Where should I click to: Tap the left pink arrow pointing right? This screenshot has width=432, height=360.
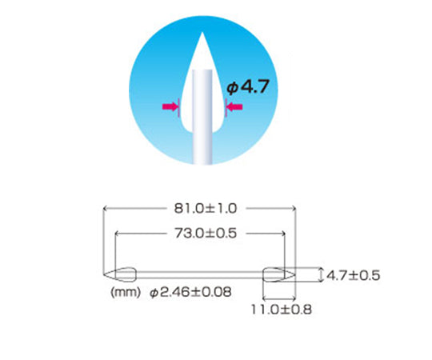[x=170, y=106]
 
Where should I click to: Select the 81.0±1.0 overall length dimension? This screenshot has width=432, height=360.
[x=201, y=209]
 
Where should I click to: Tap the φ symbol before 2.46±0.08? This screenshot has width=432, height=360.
[x=154, y=293]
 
